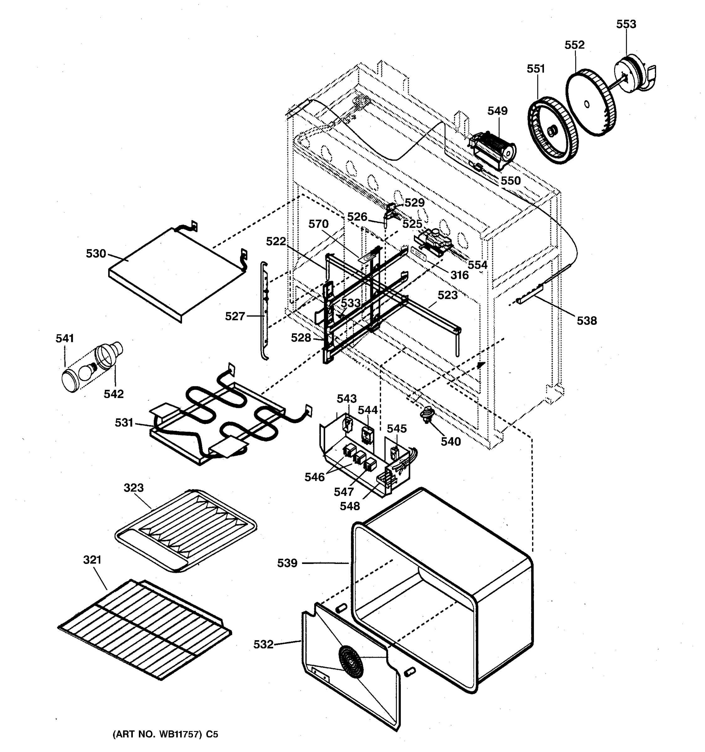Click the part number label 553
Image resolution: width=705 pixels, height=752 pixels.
(626, 24)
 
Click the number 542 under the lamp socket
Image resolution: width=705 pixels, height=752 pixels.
(113, 394)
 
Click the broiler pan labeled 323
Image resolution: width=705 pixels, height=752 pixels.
(185, 530)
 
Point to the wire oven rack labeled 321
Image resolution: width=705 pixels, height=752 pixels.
(144, 628)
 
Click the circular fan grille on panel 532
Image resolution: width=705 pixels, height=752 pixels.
(351, 662)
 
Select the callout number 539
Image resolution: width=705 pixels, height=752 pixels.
(287, 563)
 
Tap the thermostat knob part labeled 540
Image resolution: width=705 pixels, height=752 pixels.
(427, 414)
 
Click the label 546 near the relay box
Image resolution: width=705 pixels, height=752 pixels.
(314, 478)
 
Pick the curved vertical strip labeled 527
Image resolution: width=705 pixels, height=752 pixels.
(264, 310)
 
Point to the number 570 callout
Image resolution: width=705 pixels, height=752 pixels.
(318, 224)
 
